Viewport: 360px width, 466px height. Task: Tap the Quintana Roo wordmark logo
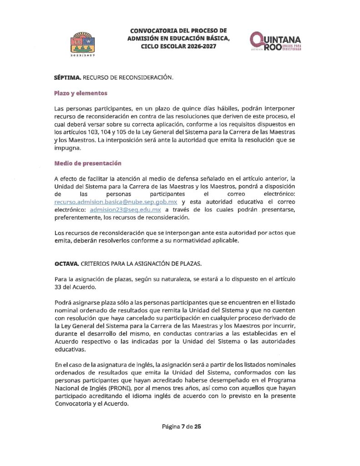(x=275, y=43)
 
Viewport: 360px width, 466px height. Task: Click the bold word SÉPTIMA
(x=67, y=77)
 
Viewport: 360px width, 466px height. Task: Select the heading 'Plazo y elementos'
(x=81, y=93)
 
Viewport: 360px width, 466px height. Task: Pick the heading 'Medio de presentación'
(x=88, y=163)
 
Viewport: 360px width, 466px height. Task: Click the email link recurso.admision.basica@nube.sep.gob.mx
(x=116, y=202)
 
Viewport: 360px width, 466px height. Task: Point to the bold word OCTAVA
(x=66, y=263)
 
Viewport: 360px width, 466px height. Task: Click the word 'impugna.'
(x=67, y=148)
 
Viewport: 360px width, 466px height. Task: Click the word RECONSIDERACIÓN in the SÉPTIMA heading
(x=143, y=78)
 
